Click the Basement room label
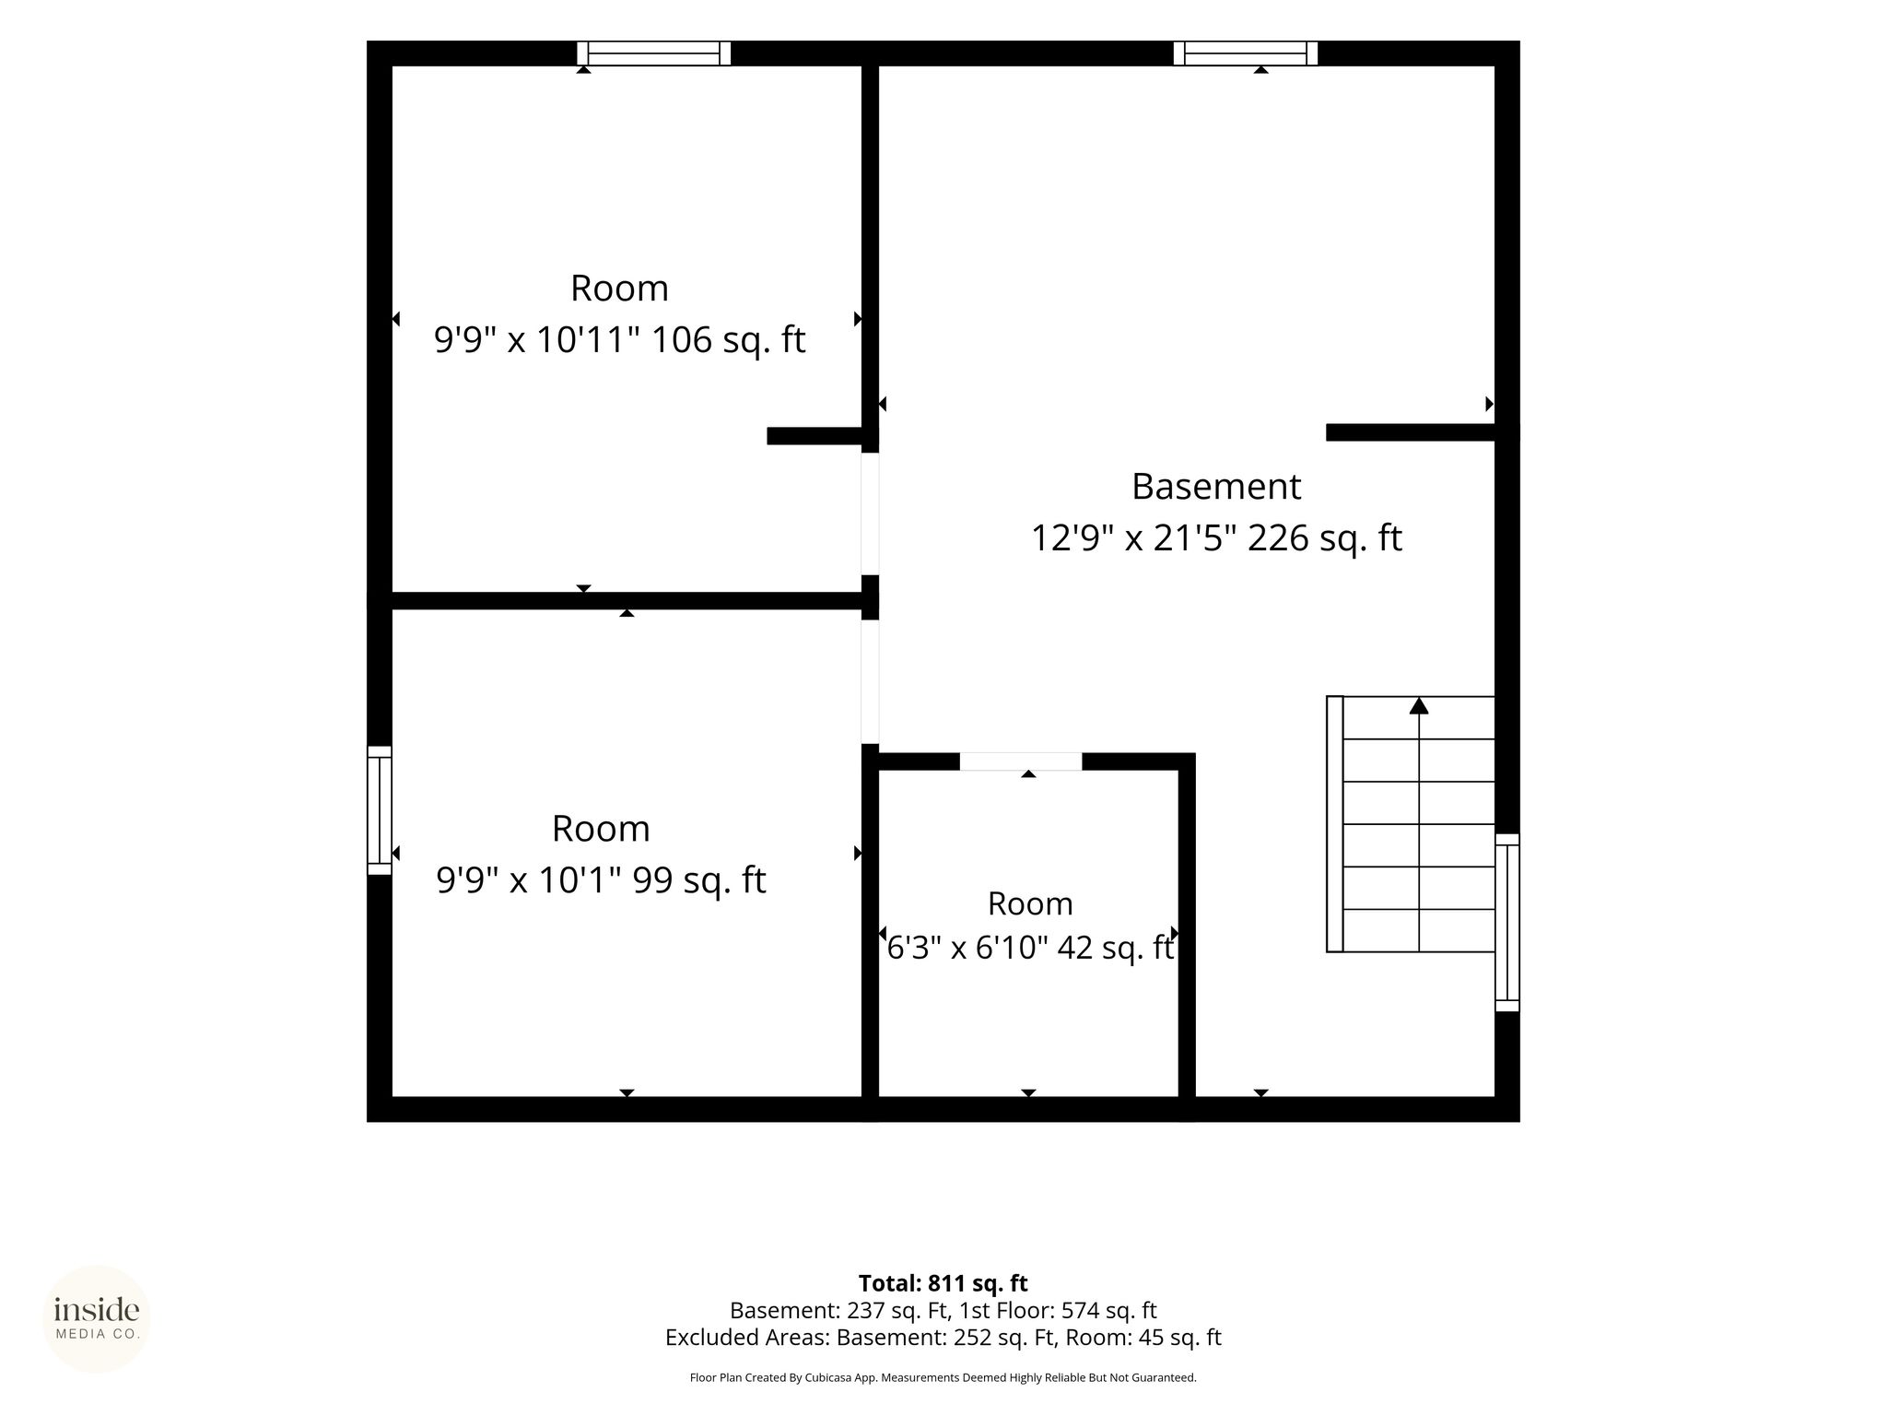(1216, 486)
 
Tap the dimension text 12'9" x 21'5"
(1134, 537)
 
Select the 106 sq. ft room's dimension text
(536, 340)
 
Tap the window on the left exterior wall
(380, 810)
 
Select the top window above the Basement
(1246, 53)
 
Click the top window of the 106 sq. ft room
(654, 53)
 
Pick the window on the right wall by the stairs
(1507, 923)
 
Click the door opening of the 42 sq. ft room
(1021, 761)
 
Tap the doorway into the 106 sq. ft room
(870, 513)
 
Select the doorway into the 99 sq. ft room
(870, 681)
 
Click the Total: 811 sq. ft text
(943, 1283)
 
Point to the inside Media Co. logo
(97, 1318)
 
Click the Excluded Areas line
(943, 1337)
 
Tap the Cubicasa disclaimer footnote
(943, 1377)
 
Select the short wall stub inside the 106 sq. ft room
(815, 436)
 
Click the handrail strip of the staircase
(1335, 823)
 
